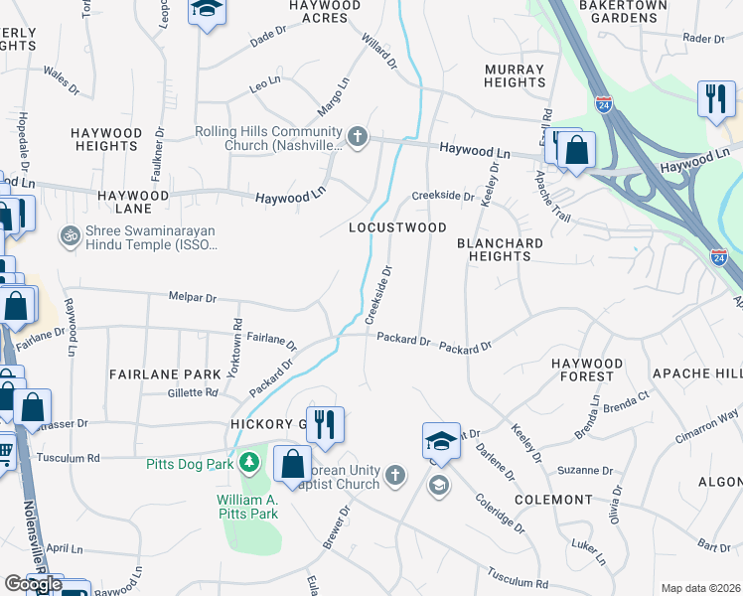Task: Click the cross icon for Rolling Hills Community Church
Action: click(358, 137)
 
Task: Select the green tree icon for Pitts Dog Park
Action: click(249, 462)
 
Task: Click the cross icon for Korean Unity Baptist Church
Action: click(394, 475)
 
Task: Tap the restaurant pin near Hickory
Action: click(324, 425)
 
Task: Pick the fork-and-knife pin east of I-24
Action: click(716, 99)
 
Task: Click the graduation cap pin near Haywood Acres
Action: click(207, 12)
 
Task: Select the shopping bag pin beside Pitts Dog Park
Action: click(293, 465)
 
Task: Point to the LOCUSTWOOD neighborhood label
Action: click(397, 227)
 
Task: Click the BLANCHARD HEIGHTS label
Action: click(500, 249)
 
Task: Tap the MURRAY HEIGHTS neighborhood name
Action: click(515, 75)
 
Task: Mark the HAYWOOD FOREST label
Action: click(588, 370)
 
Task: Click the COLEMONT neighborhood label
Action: click(553, 500)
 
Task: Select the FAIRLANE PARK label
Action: click(159, 374)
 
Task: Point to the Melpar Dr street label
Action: click(192, 297)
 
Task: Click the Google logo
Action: click(33, 584)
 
